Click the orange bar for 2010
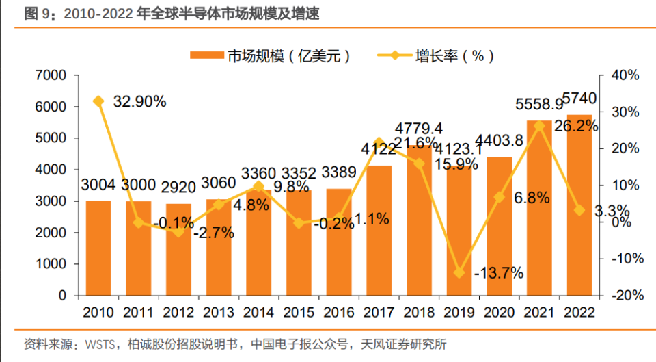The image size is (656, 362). (x=98, y=248)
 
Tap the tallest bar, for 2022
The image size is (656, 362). (x=580, y=205)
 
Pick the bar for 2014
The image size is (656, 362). (x=259, y=243)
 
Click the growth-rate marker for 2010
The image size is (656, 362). (x=98, y=101)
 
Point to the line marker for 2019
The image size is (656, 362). (x=460, y=272)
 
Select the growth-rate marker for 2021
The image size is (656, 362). (x=540, y=125)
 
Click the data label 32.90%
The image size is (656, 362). (x=139, y=101)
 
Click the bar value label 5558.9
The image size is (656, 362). (x=539, y=105)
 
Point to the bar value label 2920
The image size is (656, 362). (x=179, y=185)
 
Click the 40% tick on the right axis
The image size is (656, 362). (x=625, y=75)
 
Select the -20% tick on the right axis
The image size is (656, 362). (x=623, y=296)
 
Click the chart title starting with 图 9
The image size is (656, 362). (x=172, y=13)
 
